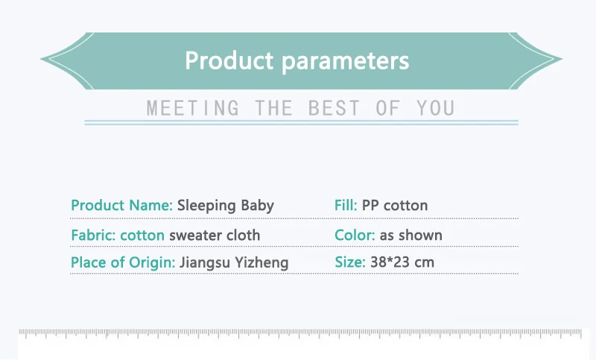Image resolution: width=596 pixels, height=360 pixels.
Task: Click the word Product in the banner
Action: (229, 60)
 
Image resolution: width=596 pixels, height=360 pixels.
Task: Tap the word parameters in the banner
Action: (346, 62)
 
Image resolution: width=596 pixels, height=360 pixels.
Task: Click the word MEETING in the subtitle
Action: (193, 108)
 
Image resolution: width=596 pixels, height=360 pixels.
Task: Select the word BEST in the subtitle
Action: (334, 108)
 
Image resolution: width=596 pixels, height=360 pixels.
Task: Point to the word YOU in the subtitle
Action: (436, 108)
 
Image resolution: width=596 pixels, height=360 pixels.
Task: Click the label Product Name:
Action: (121, 205)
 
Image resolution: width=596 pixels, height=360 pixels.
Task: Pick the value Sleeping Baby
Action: (226, 206)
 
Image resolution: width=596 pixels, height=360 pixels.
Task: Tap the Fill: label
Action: (346, 205)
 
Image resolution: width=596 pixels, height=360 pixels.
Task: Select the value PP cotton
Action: (395, 206)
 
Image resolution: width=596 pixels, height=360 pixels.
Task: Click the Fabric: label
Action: (92, 236)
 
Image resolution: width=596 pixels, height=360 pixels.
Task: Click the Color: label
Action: (355, 236)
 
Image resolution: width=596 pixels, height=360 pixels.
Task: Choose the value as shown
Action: (411, 236)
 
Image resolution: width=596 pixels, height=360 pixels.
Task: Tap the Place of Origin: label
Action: (123, 262)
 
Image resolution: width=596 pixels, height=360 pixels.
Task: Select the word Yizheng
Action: (261, 263)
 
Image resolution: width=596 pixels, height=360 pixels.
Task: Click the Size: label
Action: (349, 262)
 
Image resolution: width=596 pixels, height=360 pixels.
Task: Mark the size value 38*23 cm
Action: (402, 262)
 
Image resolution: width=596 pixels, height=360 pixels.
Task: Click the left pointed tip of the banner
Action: (40, 59)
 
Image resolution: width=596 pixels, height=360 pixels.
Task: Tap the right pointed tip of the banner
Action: (562, 59)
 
